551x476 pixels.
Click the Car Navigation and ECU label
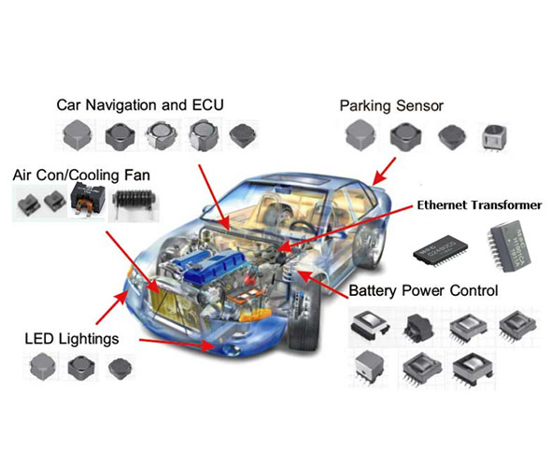pyautogui.click(x=140, y=105)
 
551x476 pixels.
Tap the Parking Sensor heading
pyautogui.click(x=391, y=106)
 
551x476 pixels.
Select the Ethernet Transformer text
pyautogui.click(x=479, y=205)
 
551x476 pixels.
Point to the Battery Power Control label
pyautogui.click(x=423, y=291)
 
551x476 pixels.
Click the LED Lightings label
pyautogui.click(x=72, y=339)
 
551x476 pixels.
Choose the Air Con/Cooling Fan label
pyautogui.click(x=81, y=175)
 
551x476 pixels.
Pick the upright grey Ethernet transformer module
pyautogui.click(x=509, y=245)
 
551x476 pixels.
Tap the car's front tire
pyautogui.click(x=303, y=313)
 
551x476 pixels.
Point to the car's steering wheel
pyautogui.click(x=303, y=229)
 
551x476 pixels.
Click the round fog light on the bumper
pyautogui.click(x=230, y=350)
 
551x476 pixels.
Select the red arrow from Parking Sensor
pyautogui.click(x=384, y=172)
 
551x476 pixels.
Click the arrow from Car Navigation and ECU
pyautogui.click(x=214, y=198)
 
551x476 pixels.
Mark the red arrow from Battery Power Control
pyautogui.click(x=322, y=284)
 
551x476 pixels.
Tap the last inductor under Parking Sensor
pyautogui.click(x=494, y=137)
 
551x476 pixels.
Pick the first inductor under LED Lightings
pyautogui.click(x=43, y=367)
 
